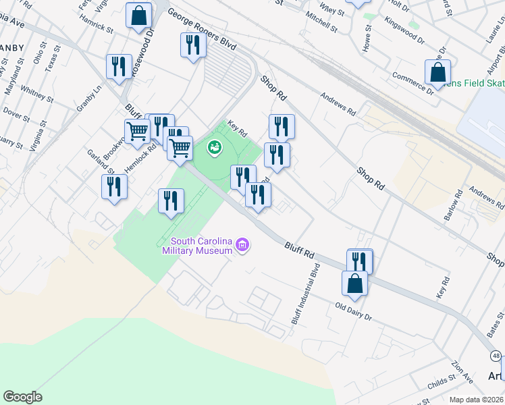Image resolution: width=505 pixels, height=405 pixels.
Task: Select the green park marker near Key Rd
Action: point(215,146)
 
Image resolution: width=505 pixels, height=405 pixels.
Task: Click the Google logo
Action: point(22,397)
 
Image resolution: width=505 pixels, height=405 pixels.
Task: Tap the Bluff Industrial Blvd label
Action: point(304,293)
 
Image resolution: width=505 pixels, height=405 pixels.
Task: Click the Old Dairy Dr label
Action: point(354,312)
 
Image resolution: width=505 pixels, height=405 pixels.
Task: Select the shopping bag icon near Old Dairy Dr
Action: point(354,284)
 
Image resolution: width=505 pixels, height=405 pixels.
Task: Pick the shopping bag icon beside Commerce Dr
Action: point(437,73)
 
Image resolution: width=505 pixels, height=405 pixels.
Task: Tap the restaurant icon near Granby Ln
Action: point(119,67)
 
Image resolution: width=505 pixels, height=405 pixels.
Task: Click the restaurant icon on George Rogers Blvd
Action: point(193,45)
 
